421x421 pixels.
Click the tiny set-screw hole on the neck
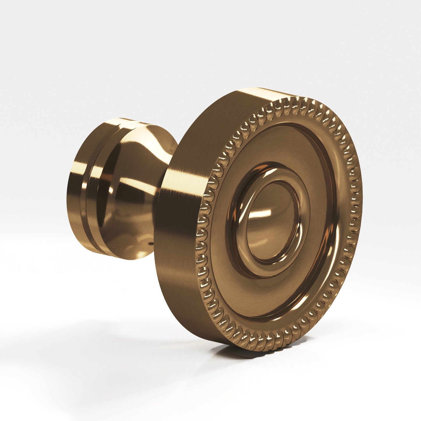click(150, 242)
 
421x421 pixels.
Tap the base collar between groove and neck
click(101, 204)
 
